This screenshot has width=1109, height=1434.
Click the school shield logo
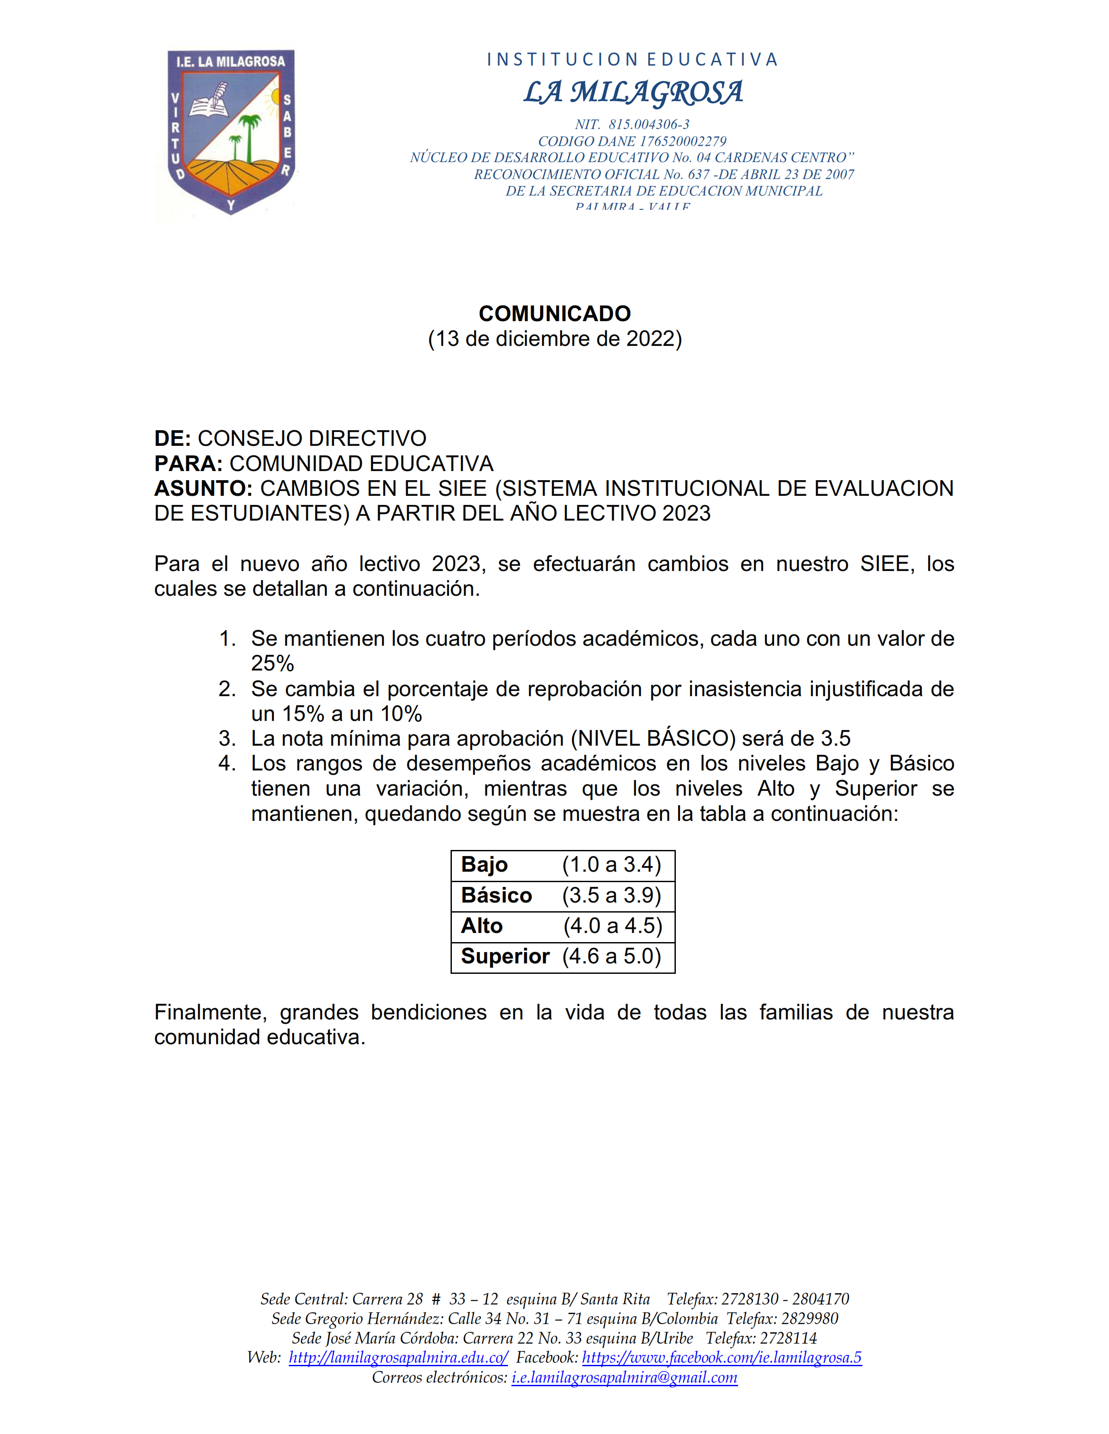pos(230,131)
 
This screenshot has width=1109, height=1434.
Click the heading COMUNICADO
pos(554,313)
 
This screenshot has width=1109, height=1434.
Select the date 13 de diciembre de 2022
pos(554,339)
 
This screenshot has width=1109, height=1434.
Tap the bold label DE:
pos(172,438)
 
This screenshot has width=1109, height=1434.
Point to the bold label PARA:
pos(188,464)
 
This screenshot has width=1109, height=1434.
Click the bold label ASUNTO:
pos(203,488)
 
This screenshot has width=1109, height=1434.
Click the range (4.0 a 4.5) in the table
pos(612,926)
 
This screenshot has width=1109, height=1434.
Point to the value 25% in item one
pos(272,664)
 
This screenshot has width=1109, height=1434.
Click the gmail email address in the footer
pos(624,1377)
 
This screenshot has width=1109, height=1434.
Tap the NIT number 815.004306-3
pos(648,124)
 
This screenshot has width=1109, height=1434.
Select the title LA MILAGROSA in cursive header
pos(633,92)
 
